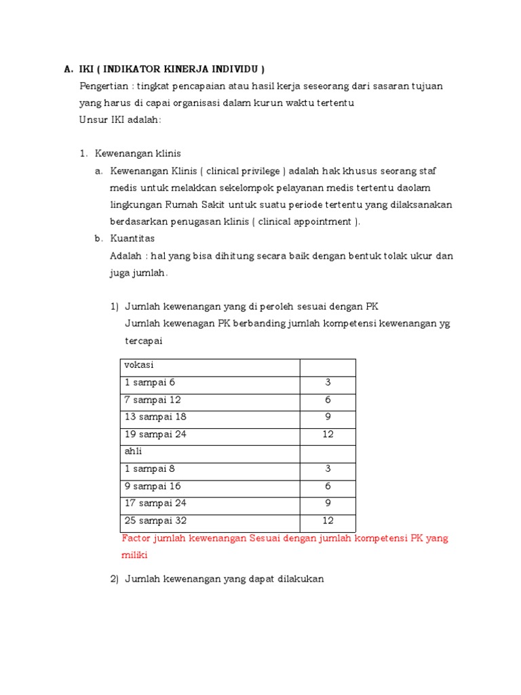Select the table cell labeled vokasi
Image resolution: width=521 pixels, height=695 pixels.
coord(138,365)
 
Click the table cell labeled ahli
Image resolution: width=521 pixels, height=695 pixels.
coord(133,451)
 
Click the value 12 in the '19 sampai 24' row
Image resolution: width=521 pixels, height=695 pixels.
coord(328,434)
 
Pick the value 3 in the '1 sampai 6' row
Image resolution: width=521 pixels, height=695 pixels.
coord(328,383)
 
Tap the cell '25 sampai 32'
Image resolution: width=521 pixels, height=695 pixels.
coord(155,521)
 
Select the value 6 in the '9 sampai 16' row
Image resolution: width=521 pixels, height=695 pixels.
coord(328,486)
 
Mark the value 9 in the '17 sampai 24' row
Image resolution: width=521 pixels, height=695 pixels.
coord(328,504)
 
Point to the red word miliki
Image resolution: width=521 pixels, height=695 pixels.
coord(134,555)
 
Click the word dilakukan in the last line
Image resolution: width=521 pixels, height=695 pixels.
coord(301,579)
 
